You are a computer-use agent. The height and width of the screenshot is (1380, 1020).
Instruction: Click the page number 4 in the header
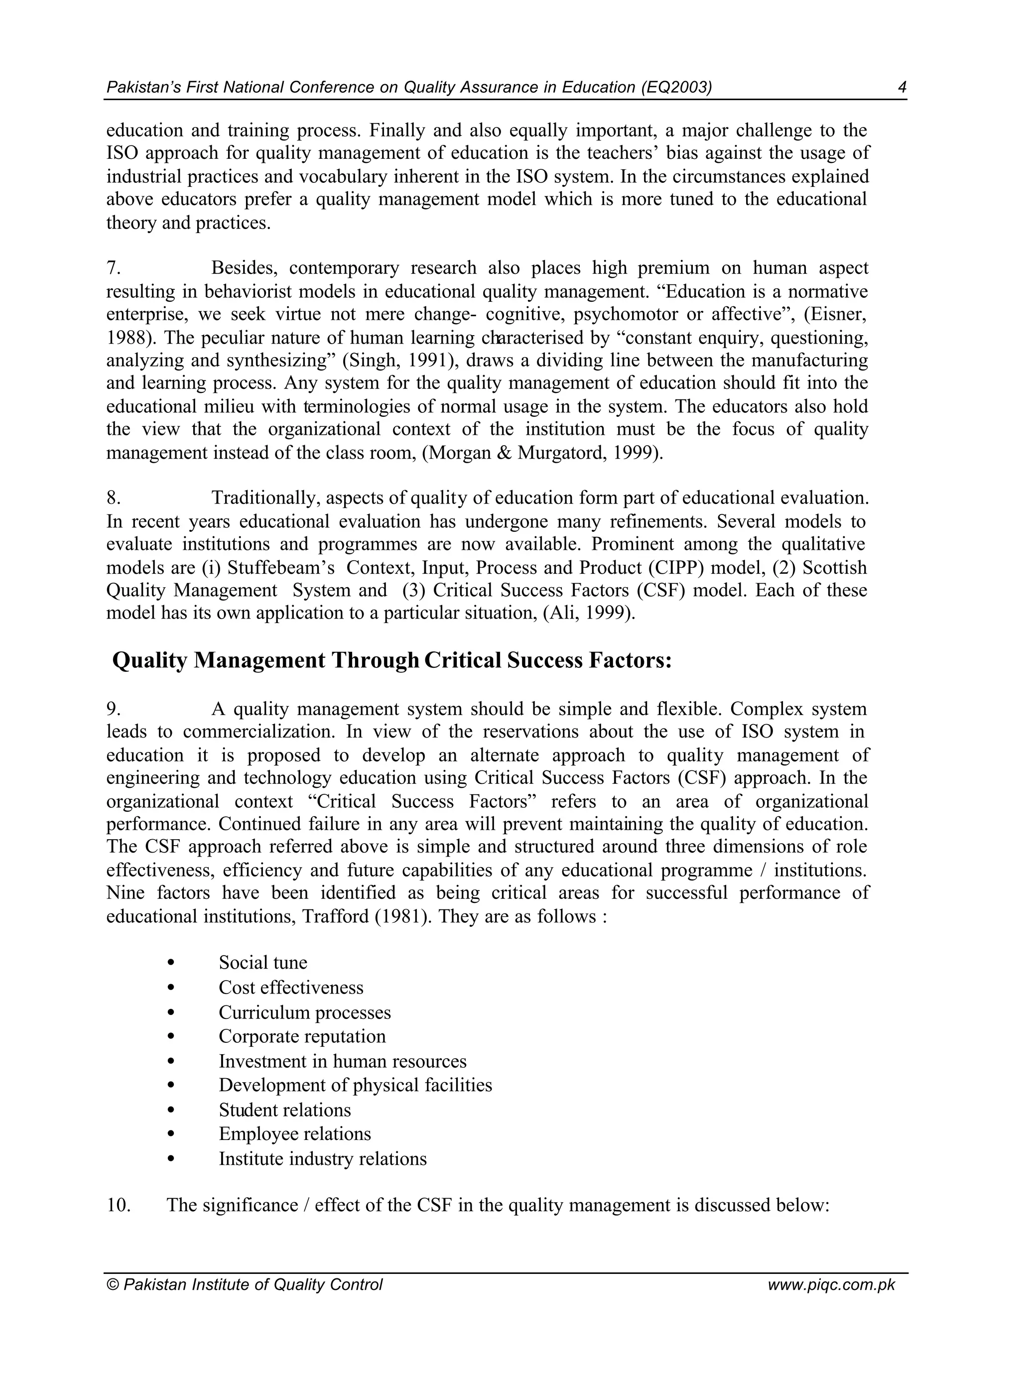click(902, 88)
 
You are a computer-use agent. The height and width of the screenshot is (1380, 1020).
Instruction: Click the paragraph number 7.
click(113, 268)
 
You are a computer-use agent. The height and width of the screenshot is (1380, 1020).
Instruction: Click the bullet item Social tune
click(262, 963)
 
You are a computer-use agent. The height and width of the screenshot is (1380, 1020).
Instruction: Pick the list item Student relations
click(285, 1110)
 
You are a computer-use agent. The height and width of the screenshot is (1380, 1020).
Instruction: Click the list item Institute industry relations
click(322, 1159)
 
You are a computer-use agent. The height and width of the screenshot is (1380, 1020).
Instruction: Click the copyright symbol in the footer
click(113, 1285)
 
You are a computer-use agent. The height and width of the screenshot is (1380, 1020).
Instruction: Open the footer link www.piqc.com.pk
click(831, 1285)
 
